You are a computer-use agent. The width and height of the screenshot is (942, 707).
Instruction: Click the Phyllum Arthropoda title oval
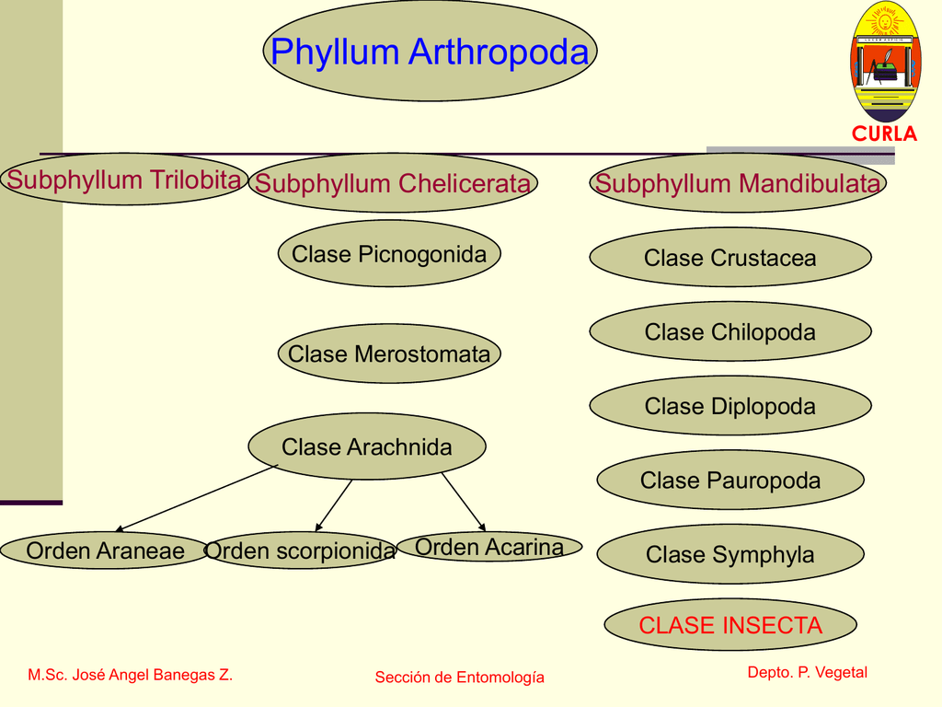(x=430, y=52)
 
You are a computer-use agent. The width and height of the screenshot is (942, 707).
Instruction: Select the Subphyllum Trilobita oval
(x=124, y=180)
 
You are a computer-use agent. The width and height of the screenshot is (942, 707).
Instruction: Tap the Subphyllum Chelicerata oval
(x=393, y=183)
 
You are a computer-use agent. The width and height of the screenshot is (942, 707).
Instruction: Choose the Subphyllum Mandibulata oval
(x=737, y=183)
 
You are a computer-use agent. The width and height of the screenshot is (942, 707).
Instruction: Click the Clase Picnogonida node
(x=389, y=254)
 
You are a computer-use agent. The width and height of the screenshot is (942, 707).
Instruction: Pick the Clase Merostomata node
(x=389, y=353)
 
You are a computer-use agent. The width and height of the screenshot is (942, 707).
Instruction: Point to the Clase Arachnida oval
(x=367, y=447)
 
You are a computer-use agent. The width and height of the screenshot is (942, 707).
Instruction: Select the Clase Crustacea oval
(x=729, y=259)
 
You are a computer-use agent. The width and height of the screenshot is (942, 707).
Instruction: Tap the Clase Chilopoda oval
(x=729, y=332)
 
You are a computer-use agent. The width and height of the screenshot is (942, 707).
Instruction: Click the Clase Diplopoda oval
(x=729, y=406)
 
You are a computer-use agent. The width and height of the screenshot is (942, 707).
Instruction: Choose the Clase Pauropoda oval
(x=730, y=481)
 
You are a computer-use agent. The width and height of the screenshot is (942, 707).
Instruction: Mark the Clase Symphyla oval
(x=730, y=554)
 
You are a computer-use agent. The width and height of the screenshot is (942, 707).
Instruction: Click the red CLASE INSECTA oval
(x=730, y=626)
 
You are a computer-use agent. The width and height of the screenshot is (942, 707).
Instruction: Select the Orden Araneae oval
(x=105, y=551)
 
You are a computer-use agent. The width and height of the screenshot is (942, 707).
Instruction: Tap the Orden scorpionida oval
(x=300, y=551)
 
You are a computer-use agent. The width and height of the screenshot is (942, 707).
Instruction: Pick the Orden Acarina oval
(x=489, y=548)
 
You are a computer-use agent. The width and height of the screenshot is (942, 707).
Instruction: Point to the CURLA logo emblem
(x=884, y=64)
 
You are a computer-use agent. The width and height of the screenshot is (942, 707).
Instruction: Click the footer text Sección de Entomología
(x=459, y=678)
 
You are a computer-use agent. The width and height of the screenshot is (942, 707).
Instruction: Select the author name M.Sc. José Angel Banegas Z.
(x=130, y=675)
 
